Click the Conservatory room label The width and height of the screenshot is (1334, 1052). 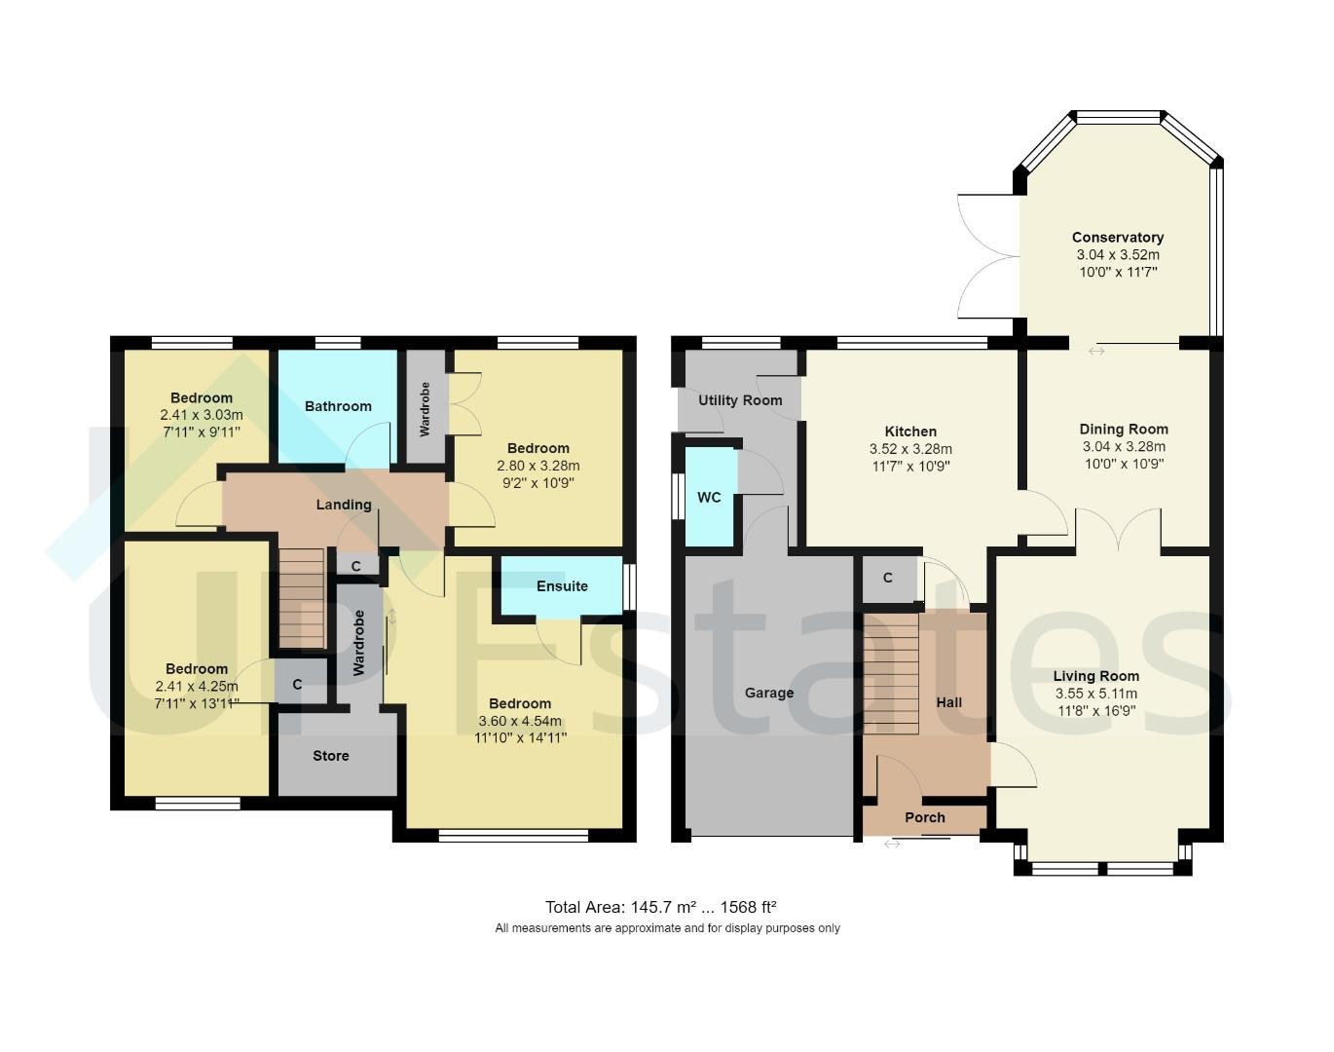click(x=1117, y=237)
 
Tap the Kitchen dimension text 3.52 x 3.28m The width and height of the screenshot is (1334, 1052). click(x=910, y=449)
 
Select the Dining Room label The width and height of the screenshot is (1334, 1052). click(x=1123, y=429)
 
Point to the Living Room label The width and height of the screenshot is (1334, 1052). click(x=1095, y=676)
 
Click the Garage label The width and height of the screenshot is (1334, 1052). click(x=768, y=693)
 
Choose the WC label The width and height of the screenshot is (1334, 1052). click(x=709, y=497)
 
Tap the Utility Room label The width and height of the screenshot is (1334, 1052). click(x=740, y=400)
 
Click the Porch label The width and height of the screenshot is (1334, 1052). click(x=924, y=817)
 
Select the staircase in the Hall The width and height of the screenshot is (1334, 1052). click(x=891, y=673)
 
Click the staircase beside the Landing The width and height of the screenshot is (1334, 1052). click(x=302, y=597)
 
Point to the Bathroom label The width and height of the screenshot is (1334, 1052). click(x=338, y=406)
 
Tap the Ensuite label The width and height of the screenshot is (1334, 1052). click(x=562, y=585)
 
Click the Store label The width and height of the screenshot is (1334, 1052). click(x=331, y=756)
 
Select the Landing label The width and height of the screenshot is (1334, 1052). click(x=343, y=505)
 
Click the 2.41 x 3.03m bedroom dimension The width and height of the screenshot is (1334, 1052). click(x=202, y=415)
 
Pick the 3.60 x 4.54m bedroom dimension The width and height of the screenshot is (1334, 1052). click(x=520, y=721)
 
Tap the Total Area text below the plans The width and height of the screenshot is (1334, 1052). click(x=660, y=907)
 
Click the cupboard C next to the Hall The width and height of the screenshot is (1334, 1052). click(x=887, y=579)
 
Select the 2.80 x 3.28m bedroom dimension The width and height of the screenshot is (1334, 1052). click(x=538, y=466)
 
